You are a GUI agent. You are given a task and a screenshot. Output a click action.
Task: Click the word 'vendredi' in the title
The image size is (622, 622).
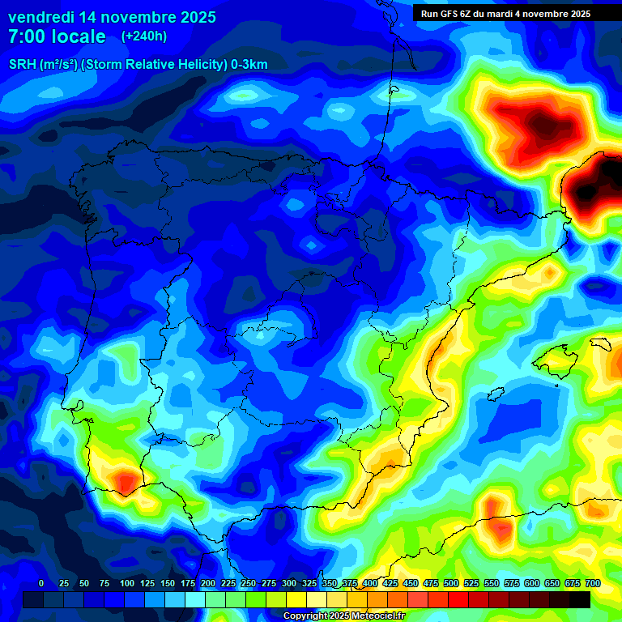coord(40,17)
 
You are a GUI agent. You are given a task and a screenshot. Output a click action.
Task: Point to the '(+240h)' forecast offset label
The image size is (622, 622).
coord(144,36)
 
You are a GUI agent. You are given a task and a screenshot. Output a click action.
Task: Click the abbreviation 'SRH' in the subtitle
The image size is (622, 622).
coord(22,65)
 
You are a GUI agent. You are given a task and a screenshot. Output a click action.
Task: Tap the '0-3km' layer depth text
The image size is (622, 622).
coord(249,65)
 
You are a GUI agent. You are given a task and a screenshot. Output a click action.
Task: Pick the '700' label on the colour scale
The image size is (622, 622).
coord(592,583)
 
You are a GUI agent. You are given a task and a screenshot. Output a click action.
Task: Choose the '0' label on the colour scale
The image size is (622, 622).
coord(41,583)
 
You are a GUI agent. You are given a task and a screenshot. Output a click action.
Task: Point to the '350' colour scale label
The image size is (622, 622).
coord(330,583)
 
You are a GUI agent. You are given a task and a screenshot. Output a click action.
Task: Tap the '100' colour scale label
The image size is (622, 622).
coord(126,583)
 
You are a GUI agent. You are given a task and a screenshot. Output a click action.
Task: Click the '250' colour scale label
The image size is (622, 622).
coord(249,583)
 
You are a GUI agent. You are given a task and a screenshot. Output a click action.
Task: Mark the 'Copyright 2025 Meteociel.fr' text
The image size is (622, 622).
coord(343,616)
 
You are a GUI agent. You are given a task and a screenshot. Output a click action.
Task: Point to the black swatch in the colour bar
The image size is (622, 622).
coord(579,599)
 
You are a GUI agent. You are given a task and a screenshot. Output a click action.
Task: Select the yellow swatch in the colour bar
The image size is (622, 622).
coord(296,599)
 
